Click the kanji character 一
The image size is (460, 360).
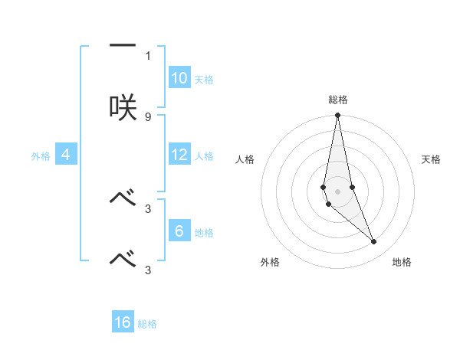point(122,47)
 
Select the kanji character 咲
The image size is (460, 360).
point(122,106)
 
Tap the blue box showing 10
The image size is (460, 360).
point(179,78)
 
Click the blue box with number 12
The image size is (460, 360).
point(179,155)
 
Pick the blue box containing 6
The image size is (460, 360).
point(179,231)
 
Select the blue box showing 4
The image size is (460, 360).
point(66,155)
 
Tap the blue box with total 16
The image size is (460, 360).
point(123,322)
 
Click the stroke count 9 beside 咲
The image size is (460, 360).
point(148,116)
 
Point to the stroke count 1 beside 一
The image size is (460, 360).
point(148,56)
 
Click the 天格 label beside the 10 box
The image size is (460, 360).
point(204,80)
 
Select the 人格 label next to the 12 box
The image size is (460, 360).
point(204,156)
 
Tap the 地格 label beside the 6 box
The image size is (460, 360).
point(204,233)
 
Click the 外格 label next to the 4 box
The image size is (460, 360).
point(41,156)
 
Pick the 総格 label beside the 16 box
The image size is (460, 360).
point(147,324)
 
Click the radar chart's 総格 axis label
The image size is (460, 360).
point(338,100)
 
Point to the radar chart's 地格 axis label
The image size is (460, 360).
point(402,262)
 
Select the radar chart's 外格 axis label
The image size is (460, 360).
point(270,262)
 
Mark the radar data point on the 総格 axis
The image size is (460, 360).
point(337,116)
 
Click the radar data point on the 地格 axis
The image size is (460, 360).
point(374,242)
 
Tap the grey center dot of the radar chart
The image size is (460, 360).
point(337,191)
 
